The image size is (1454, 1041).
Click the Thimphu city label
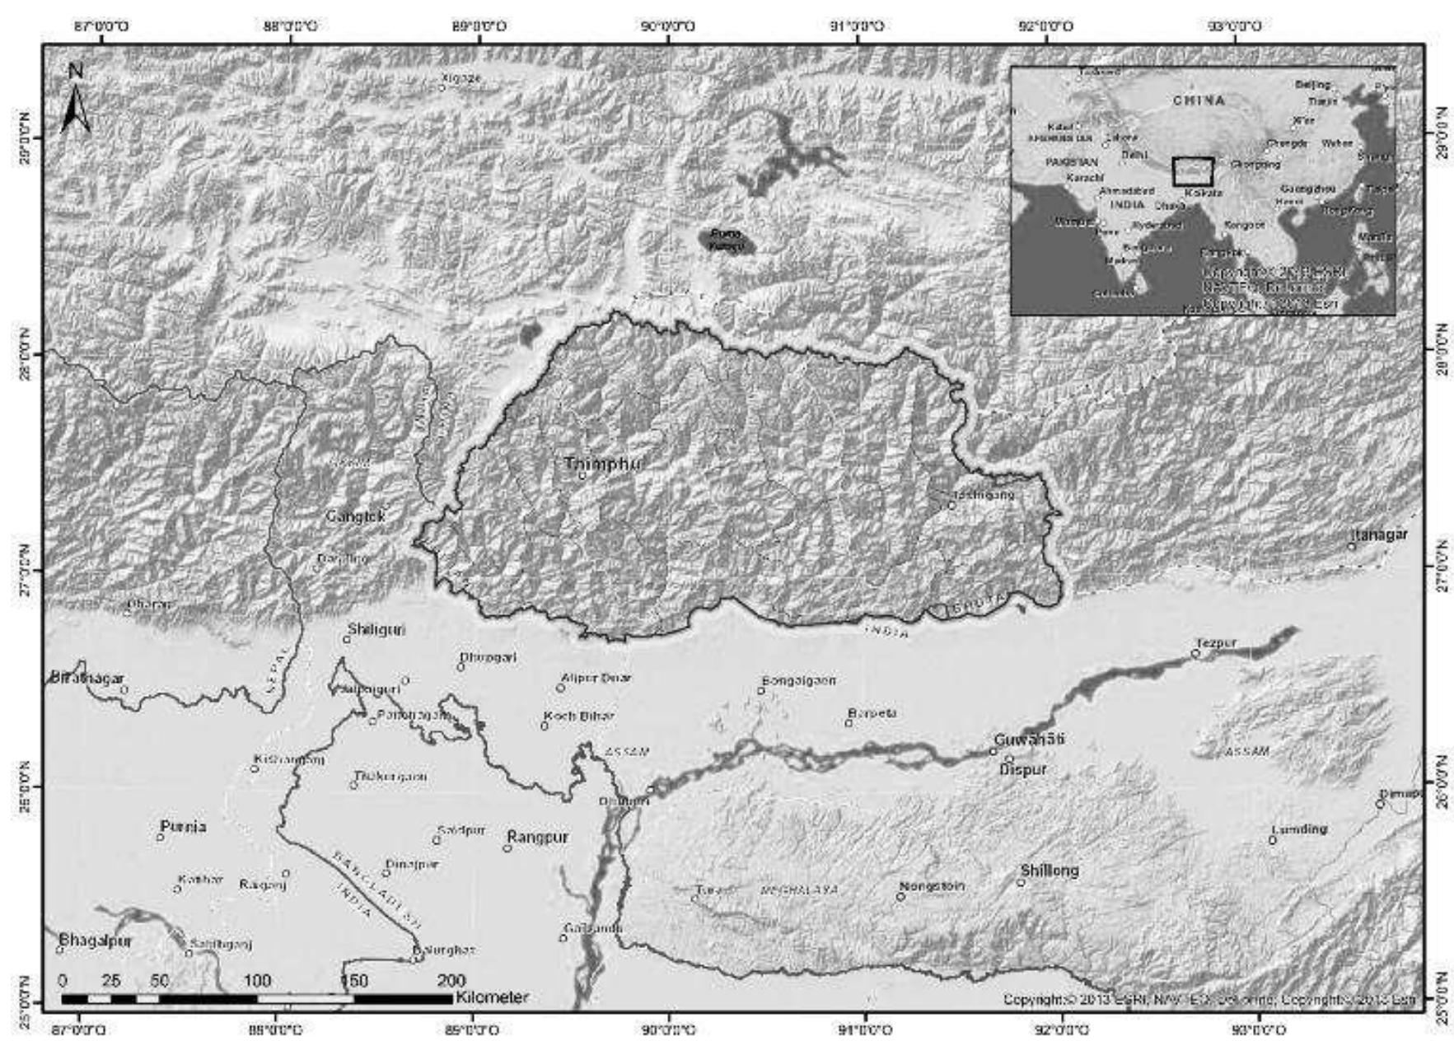click(x=603, y=464)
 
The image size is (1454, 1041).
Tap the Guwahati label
click(x=1029, y=739)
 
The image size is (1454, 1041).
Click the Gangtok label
click(x=355, y=516)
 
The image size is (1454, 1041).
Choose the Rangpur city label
click(x=537, y=837)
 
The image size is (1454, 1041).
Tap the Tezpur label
click(x=1216, y=643)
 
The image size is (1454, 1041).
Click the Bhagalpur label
click(x=95, y=940)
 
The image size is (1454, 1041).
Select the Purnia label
click(x=183, y=826)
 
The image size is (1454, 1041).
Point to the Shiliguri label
click(x=376, y=629)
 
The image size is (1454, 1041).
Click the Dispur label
click(x=1022, y=769)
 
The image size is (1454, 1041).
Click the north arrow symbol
click(x=75, y=102)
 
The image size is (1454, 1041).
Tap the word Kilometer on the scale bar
click(x=491, y=997)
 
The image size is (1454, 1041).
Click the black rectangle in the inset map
click(x=1192, y=171)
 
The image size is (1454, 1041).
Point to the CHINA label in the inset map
click(x=1199, y=100)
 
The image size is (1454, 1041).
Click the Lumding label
click(x=1299, y=829)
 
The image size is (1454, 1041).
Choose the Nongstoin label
click(x=931, y=886)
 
